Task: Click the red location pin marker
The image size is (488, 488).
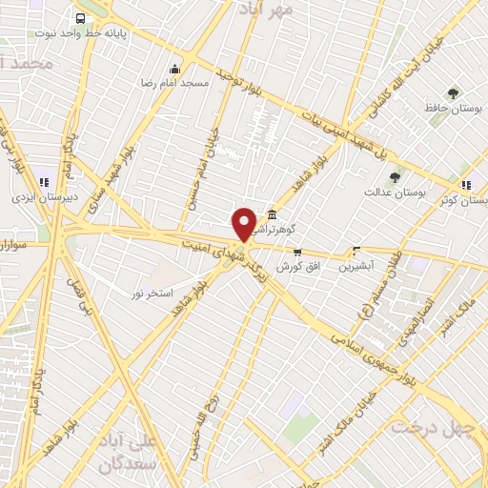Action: [x=244, y=223]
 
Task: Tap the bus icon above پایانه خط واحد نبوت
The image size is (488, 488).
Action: [x=80, y=18]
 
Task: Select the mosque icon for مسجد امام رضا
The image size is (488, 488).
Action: [x=173, y=69]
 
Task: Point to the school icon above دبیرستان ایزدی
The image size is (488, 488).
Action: [x=43, y=182]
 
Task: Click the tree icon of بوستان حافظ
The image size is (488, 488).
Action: [x=452, y=93]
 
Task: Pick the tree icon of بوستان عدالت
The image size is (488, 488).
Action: [x=395, y=176]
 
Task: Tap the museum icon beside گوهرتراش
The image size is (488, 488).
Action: [x=274, y=213]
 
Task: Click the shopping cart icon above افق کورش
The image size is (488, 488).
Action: [x=297, y=253]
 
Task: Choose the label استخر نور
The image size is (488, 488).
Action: [x=152, y=293]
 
